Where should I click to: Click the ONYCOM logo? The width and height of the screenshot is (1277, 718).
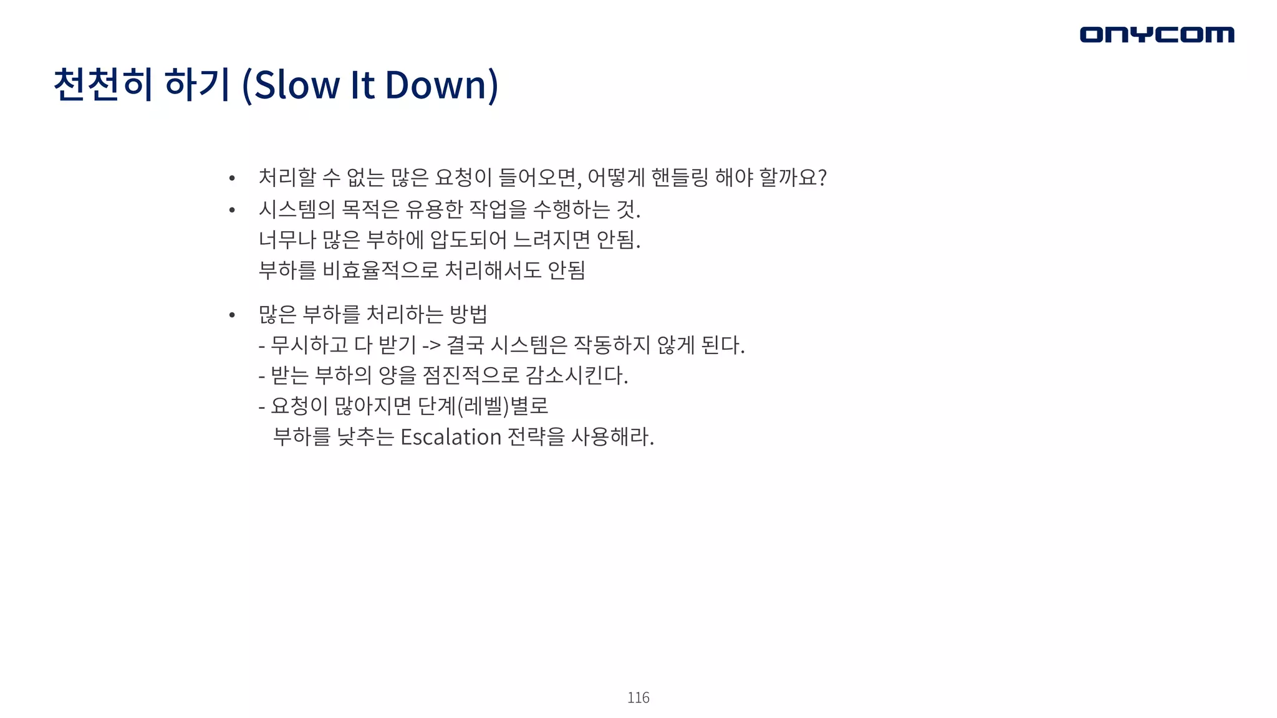click(1157, 34)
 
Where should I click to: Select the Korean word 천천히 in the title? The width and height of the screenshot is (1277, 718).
click(103, 85)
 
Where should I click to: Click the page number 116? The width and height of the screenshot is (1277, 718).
click(638, 697)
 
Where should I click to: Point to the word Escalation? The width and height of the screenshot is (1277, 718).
click(450, 437)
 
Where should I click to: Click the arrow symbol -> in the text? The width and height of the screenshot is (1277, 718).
click(431, 345)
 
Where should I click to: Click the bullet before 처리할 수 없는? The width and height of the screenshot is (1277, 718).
click(232, 179)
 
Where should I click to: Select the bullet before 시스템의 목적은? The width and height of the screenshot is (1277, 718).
click(232, 210)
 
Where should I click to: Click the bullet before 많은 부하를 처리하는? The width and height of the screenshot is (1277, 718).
click(232, 315)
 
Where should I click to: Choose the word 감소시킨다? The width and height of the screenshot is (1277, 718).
click(576, 375)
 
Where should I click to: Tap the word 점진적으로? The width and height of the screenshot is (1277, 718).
click(470, 375)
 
